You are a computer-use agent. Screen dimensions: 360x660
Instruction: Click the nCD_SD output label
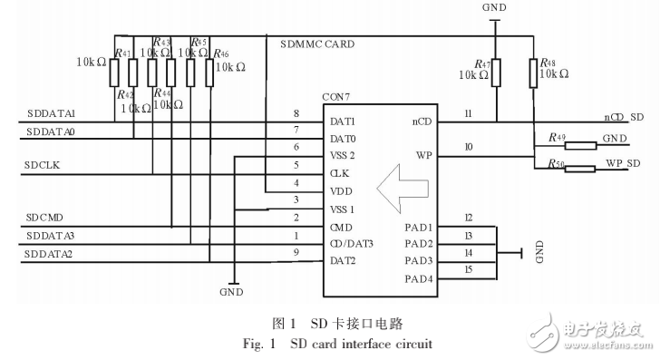pos(624,117)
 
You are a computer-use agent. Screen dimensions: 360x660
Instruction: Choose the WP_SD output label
pos(624,162)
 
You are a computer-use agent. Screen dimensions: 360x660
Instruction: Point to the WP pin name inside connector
pos(422,155)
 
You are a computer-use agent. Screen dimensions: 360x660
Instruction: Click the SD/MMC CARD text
pos(317,43)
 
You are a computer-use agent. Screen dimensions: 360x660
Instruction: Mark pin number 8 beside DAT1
pos(296,113)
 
